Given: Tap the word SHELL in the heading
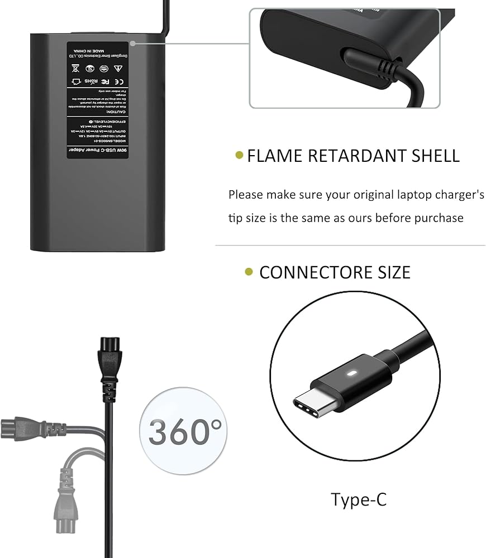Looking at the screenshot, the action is coord(431,156).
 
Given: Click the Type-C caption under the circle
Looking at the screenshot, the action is coord(358,499).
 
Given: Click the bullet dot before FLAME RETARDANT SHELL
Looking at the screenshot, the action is coord(239,156).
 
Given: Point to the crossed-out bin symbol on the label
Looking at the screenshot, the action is coord(75,69).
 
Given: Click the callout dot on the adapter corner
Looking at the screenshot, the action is coord(133,42).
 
